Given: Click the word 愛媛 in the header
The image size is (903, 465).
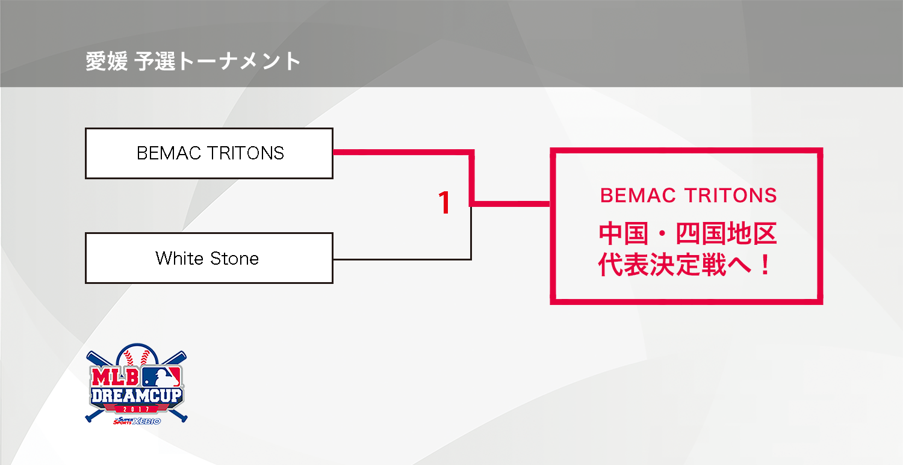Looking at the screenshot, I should [x=106, y=62].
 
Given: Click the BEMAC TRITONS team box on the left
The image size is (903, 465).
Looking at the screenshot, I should [x=209, y=153].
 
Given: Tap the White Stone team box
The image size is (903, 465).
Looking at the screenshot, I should [x=209, y=258].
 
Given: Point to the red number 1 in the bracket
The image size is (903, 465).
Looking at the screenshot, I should [x=444, y=203].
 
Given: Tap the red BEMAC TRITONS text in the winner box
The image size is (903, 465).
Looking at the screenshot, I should [x=689, y=196].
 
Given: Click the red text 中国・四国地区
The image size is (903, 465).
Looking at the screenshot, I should [x=687, y=234].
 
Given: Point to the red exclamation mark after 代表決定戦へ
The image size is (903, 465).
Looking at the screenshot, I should [x=765, y=266].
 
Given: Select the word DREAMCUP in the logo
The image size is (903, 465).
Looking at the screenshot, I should [x=137, y=396].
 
